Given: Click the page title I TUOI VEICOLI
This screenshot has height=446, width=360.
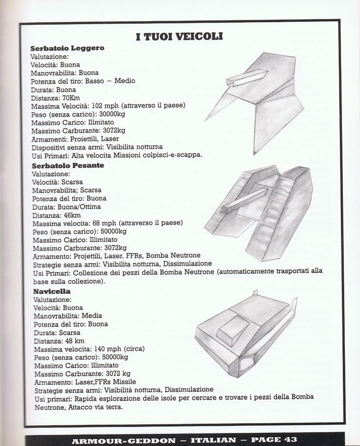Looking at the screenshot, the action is [179, 37].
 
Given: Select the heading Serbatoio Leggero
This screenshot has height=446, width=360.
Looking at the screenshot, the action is [67, 48].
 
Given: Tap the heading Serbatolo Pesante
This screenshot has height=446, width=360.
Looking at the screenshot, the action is [68, 166].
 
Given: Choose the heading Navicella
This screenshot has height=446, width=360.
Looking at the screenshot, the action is [52, 291].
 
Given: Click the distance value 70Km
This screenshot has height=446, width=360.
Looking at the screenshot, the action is [71, 98].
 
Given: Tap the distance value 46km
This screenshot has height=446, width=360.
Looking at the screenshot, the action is [72, 215].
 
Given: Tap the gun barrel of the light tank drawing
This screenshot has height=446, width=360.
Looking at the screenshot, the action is [247, 78].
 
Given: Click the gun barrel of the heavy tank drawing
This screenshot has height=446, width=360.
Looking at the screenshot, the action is [244, 201].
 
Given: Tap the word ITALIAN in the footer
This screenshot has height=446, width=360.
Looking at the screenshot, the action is [213, 440].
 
